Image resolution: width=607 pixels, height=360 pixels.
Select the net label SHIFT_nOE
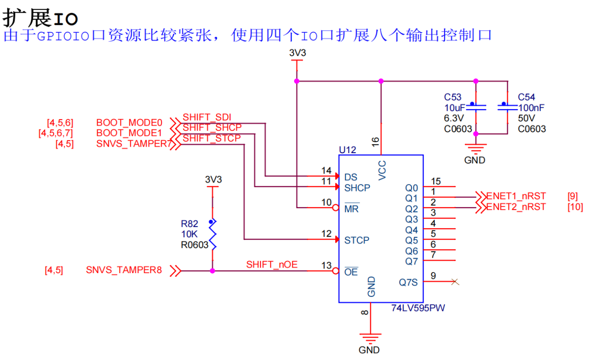(x=272, y=265)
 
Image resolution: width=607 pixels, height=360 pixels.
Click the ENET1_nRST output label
(x=516, y=196)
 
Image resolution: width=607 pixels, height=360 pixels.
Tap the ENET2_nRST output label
(x=516, y=207)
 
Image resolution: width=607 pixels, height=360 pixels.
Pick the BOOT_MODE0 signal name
(x=129, y=123)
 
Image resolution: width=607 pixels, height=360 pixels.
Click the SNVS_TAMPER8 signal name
(x=124, y=270)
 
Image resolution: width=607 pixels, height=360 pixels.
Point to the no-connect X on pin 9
(x=456, y=282)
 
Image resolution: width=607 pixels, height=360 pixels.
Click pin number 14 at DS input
(x=326, y=171)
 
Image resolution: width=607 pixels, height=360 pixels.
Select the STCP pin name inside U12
(x=357, y=240)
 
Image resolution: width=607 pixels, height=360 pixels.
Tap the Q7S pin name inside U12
(x=409, y=282)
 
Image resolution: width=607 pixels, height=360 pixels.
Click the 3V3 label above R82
(x=213, y=180)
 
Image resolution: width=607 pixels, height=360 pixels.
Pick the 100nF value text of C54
(x=531, y=108)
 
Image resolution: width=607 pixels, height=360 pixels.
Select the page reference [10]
(x=575, y=207)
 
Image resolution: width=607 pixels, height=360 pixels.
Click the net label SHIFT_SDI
(x=207, y=117)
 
